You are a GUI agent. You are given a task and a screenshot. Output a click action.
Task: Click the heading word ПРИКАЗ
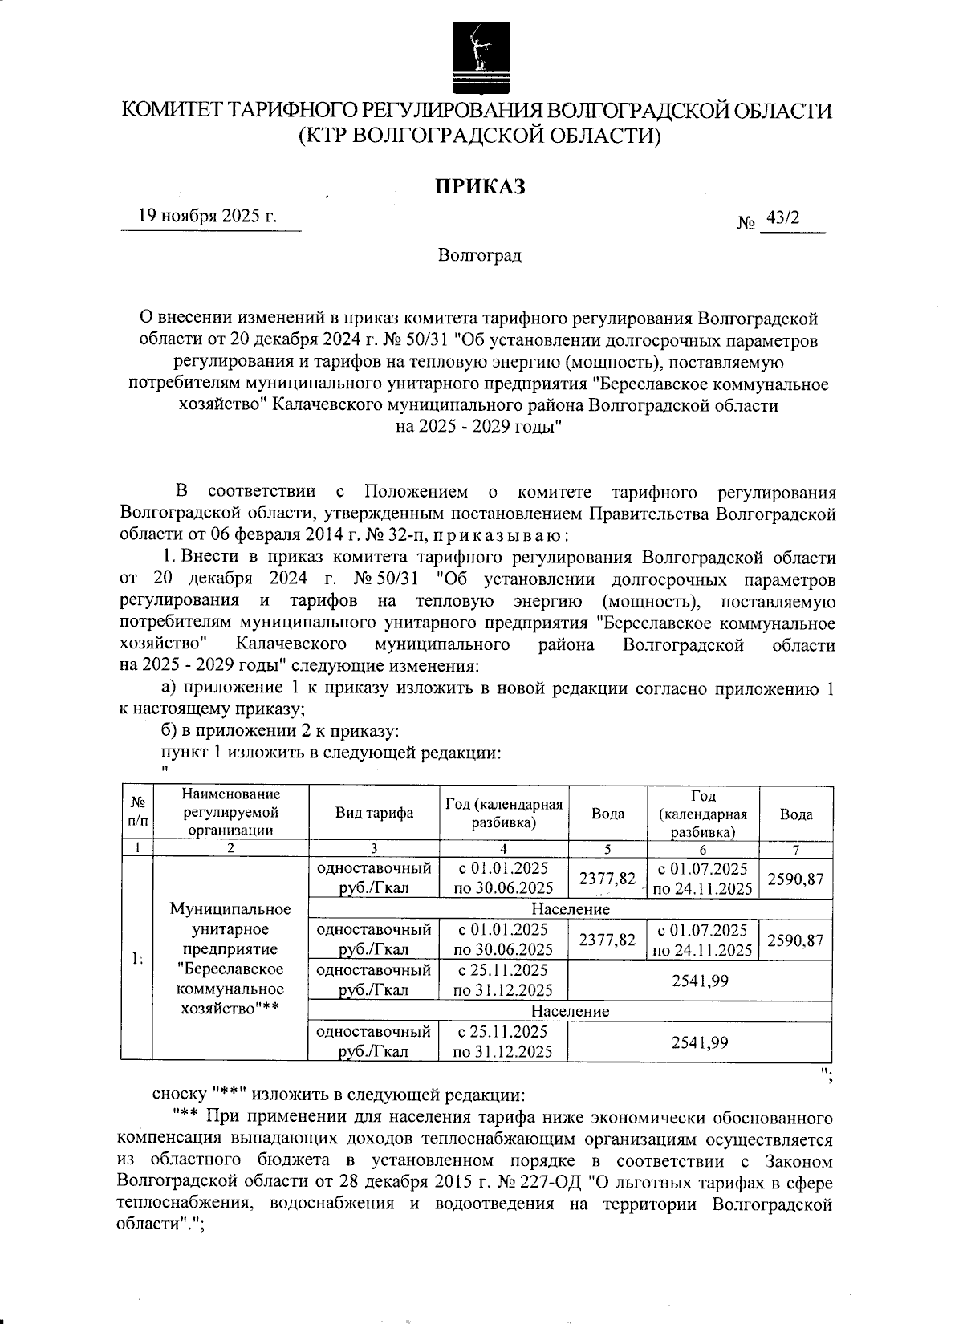pos(480,187)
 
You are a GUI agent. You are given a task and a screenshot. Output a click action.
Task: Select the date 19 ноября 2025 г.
pos(208,216)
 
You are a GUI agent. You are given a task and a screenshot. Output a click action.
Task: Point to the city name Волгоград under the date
pos(480,256)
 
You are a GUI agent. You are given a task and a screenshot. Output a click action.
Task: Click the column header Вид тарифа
pos(374,813)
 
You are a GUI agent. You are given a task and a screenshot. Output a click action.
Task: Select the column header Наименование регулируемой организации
pos(230,813)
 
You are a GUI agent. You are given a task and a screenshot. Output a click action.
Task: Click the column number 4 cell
pos(503,849)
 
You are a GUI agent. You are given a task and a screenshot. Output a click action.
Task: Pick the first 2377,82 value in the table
pos(607,879)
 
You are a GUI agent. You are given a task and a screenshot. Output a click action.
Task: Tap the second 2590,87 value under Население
pos(795,940)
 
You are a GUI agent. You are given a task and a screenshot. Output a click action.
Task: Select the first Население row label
pos(571,909)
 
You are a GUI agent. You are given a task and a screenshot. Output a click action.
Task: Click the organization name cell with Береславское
pos(230,959)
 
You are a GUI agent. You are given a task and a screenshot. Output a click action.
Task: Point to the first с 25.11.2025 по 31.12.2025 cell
pos(503,980)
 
